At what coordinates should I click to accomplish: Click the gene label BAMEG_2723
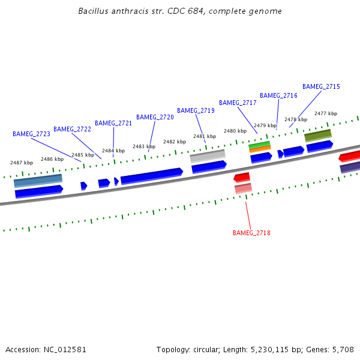(x=31, y=134)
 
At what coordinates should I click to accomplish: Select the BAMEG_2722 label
(x=72, y=129)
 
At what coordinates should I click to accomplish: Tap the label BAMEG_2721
(x=113, y=123)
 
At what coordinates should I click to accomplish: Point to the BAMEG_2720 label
(x=155, y=117)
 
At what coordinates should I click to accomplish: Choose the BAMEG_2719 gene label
(x=196, y=110)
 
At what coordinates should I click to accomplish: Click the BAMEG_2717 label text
(x=238, y=103)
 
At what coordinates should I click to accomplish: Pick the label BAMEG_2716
(x=278, y=95)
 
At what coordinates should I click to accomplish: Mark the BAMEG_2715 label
(x=321, y=86)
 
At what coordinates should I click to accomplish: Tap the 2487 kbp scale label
(x=22, y=163)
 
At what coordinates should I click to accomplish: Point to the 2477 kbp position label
(x=326, y=113)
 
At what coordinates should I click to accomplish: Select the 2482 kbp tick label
(x=174, y=142)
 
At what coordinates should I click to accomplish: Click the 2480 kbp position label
(x=235, y=131)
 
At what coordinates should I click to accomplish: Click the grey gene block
(x=208, y=155)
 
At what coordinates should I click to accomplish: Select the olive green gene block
(x=317, y=135)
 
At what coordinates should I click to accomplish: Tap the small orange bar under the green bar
(x=260, y=149)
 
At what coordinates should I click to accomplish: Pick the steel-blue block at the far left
(x=38, y=179)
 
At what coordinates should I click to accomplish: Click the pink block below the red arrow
(x=243, y=188)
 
